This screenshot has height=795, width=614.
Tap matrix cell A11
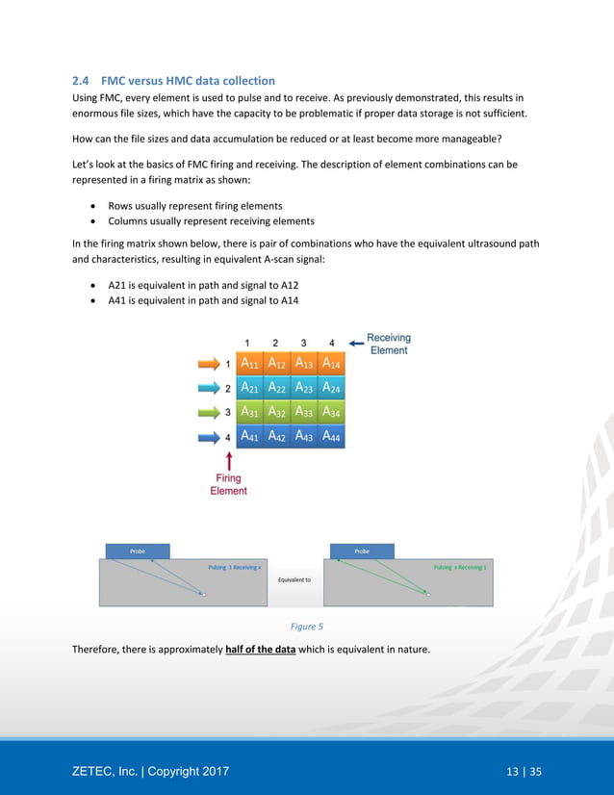pos(248,364)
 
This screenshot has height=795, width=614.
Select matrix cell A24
pos(331,388)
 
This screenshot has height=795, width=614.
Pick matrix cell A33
pos(304,413)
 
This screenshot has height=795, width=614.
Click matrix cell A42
pos(276,437)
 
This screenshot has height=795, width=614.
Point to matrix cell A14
pos(331,364)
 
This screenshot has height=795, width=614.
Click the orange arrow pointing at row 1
pos(208,364)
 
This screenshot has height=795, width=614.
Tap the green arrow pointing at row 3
pos(208,413)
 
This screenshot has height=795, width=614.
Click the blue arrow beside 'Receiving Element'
pos(355,340)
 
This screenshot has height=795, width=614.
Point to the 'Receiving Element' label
pos(389,344)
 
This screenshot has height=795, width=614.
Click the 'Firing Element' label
pos(228,484)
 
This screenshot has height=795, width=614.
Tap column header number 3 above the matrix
pos(303,343)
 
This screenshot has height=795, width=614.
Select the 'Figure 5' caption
pos(307,627)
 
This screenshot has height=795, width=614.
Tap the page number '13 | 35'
pos(524,771)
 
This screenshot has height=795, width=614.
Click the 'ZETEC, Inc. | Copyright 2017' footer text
pos(150,771)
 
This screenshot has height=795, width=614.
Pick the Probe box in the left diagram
pos(137,551)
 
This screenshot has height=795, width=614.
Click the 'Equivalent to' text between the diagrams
pos(294,579)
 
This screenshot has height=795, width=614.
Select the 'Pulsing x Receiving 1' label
pos(460,567)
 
